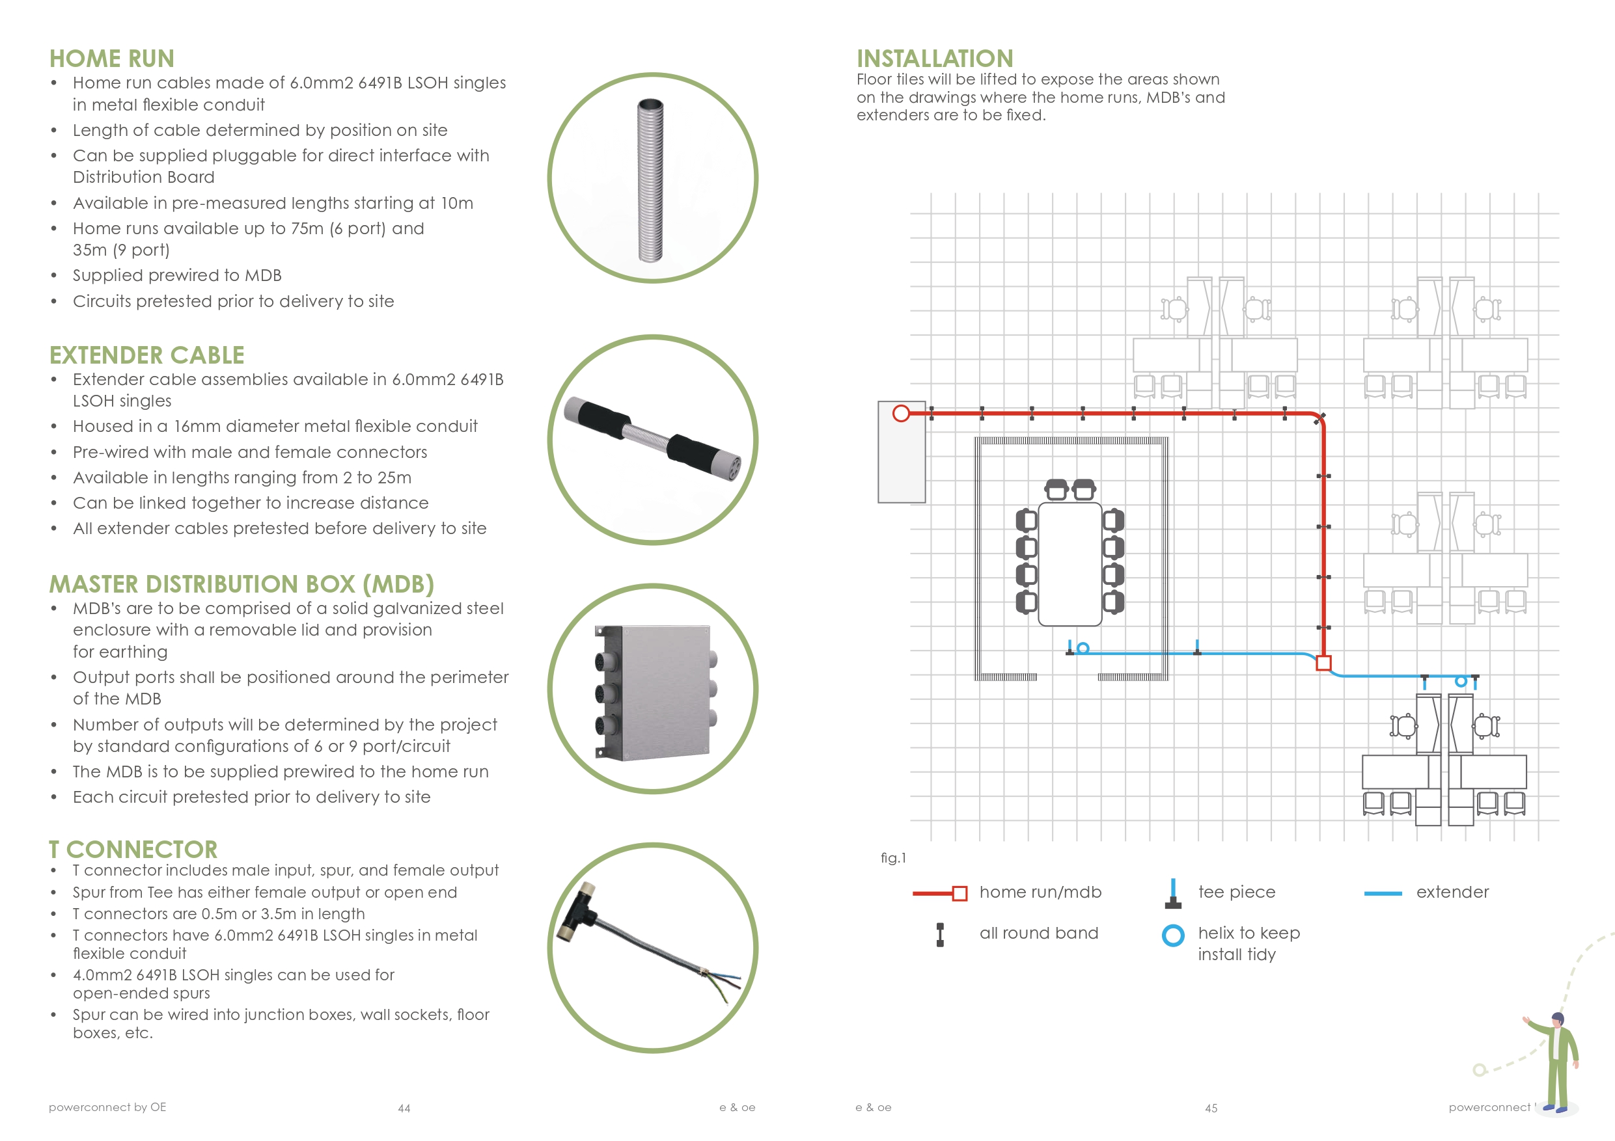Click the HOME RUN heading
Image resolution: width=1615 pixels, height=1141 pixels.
point(112,59)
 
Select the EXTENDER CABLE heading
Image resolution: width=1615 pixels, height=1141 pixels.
point(146,355)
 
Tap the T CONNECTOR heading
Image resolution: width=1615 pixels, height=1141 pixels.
point(133,850)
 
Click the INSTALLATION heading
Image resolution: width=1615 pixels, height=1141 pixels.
point(935,59)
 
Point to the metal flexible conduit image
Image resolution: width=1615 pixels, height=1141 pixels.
point(651,180)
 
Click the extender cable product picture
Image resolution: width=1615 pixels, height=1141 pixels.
point(652,439)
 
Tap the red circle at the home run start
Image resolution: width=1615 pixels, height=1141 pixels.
point(900,413)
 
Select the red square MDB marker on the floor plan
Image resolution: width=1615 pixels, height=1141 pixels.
point(1323,663)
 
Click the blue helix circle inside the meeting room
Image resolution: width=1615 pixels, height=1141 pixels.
point(1083,648)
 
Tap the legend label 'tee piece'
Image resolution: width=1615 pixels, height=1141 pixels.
point(1237,892)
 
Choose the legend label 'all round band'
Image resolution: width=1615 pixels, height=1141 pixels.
point(1038,933)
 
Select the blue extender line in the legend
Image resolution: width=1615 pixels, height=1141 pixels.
point(1382,894)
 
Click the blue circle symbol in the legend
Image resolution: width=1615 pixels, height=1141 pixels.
point(1172,935)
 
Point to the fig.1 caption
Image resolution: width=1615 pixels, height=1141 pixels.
point(893,857)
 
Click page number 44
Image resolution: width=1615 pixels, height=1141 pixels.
point(404,1108)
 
